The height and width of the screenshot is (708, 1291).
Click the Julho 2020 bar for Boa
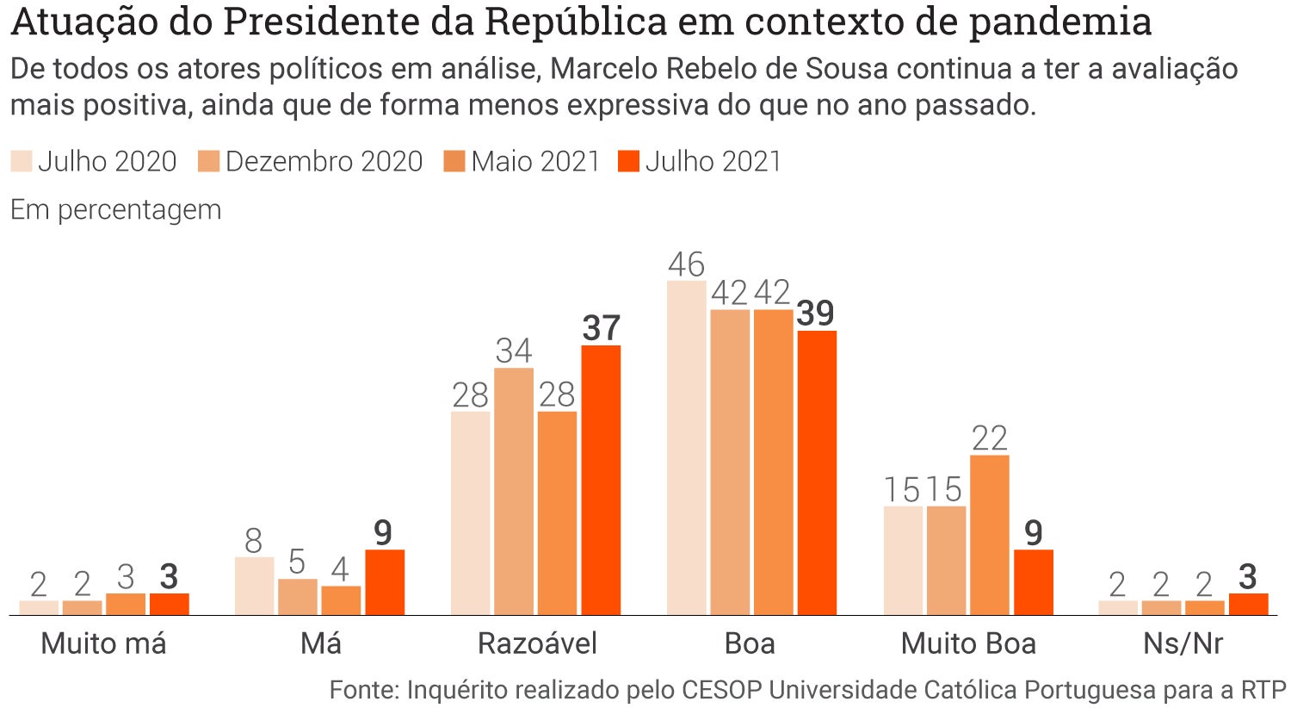click(x=686, y=448)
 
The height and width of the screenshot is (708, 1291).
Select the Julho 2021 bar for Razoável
click(x=601, y=480)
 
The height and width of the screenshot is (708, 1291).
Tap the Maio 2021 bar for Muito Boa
click(x=990, y=535)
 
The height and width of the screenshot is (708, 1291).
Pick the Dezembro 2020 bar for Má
click(x=298, y=597)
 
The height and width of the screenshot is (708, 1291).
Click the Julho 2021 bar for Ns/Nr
click(x=1248, y=604)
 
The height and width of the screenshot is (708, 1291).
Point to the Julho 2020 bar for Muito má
click(x=39, y=607)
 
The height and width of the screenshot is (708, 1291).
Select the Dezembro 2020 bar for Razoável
click(x=514, y=491)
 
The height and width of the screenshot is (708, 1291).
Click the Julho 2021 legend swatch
click(x=629, y=161)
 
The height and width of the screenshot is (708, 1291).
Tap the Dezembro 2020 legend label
click(x=324, y=161)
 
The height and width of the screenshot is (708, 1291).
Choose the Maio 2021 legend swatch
click(x=454, y=161)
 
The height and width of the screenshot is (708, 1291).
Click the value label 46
click(x=686, y=264)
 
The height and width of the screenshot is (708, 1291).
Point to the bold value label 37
click(x=601, y=328)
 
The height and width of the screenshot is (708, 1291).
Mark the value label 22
click(x=990, y=438)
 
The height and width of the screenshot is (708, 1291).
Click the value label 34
click(x=514, y=351)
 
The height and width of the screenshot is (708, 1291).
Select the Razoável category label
click(x=537, y=643)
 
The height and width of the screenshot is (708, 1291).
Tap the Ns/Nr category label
click(x=1183, y=643)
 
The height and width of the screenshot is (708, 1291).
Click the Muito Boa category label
click(x=968, y=643)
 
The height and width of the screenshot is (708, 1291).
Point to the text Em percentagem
click(x=115, y=209)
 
